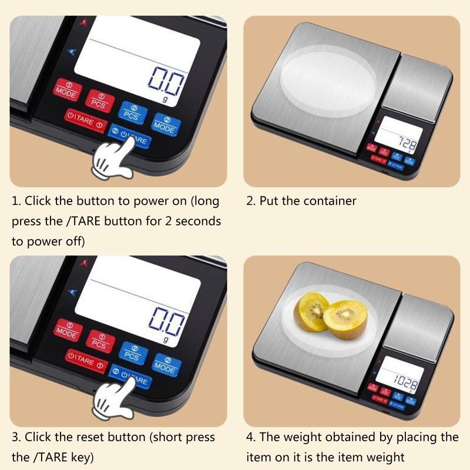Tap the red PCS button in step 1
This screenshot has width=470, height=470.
point(99,100)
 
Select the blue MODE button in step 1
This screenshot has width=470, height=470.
point(164,123)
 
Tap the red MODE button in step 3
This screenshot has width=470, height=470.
point(66,330)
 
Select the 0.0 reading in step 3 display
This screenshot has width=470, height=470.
point(167,321)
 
